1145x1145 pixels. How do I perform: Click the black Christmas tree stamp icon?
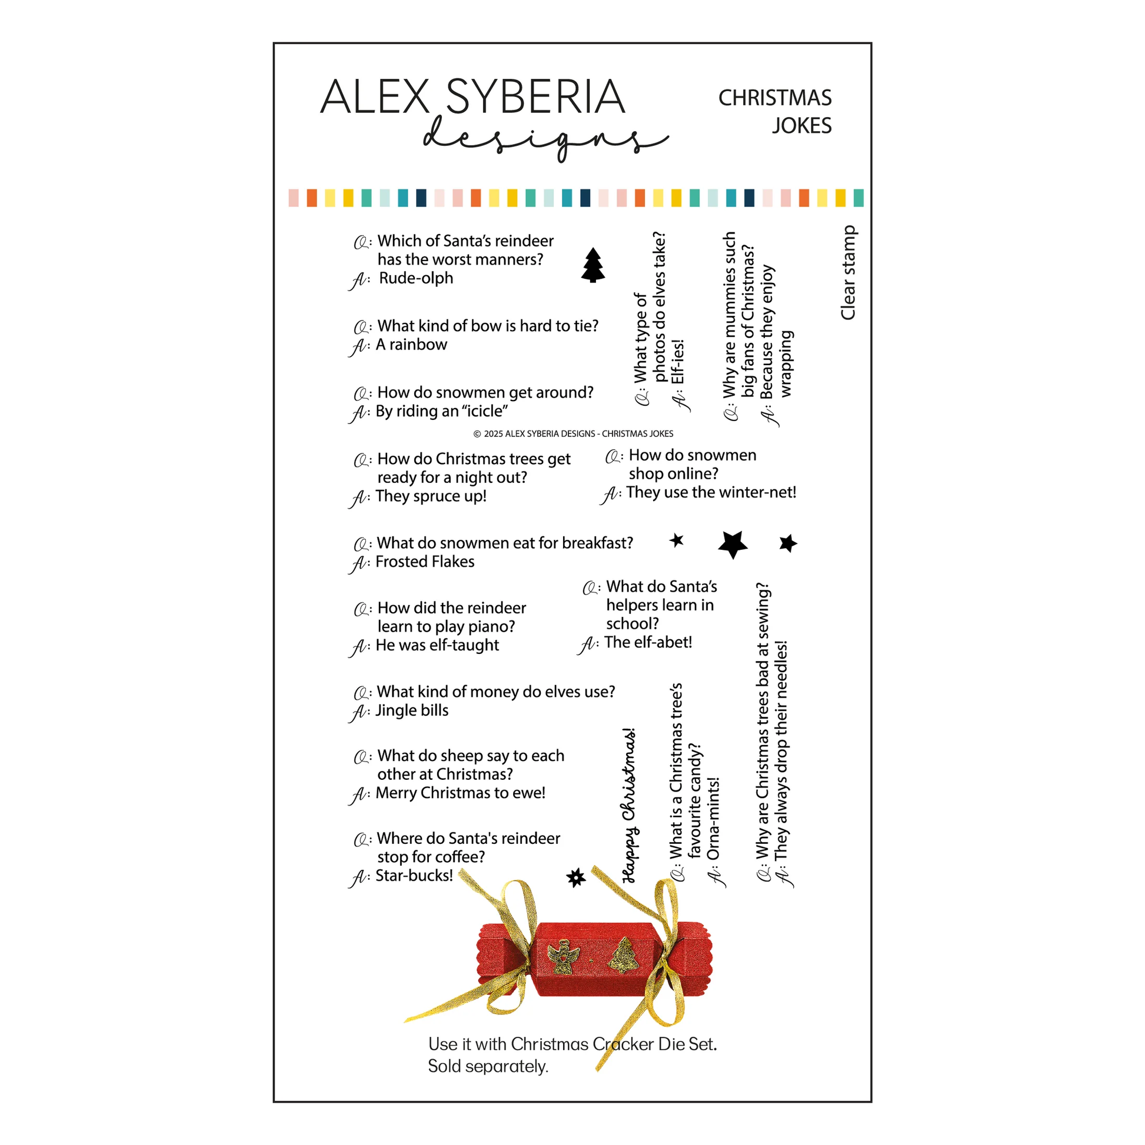pyautogui.click(x=593, y=265)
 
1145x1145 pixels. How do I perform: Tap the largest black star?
pyautogui.click(x=733, y=543)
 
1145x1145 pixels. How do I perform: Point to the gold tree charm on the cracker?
pyautogui.click(x=624, y=955)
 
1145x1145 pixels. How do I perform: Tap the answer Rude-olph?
pyautogui.click(x=415, y=278)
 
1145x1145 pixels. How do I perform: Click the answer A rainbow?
pyautogui.click(x=411, y=345)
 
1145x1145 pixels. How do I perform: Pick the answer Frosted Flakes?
pyautogui.click(x=425, y=561)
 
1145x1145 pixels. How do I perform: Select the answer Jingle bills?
pyautogui.click(x=411, y=710)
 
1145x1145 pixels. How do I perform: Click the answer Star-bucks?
pyautogui.click(x=414, y=875)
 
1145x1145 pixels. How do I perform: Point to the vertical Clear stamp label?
pyautogui.click(x=848, y=273)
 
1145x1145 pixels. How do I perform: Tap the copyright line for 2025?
pyautogui.click(x=573, y=434)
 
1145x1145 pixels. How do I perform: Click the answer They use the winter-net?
pyautogui.click(x=710, y=492)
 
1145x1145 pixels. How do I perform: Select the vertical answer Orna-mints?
pyautogui.click(x=713, y=819)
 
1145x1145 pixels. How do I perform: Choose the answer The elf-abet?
pyautogui.click(x=647, y=642)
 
